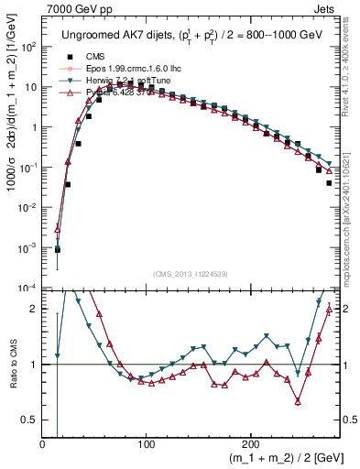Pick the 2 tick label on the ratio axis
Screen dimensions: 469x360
(x=33, y=310)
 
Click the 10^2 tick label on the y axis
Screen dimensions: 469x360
(x=27, y=47)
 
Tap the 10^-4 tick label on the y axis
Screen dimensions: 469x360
(x=27, y=288)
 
